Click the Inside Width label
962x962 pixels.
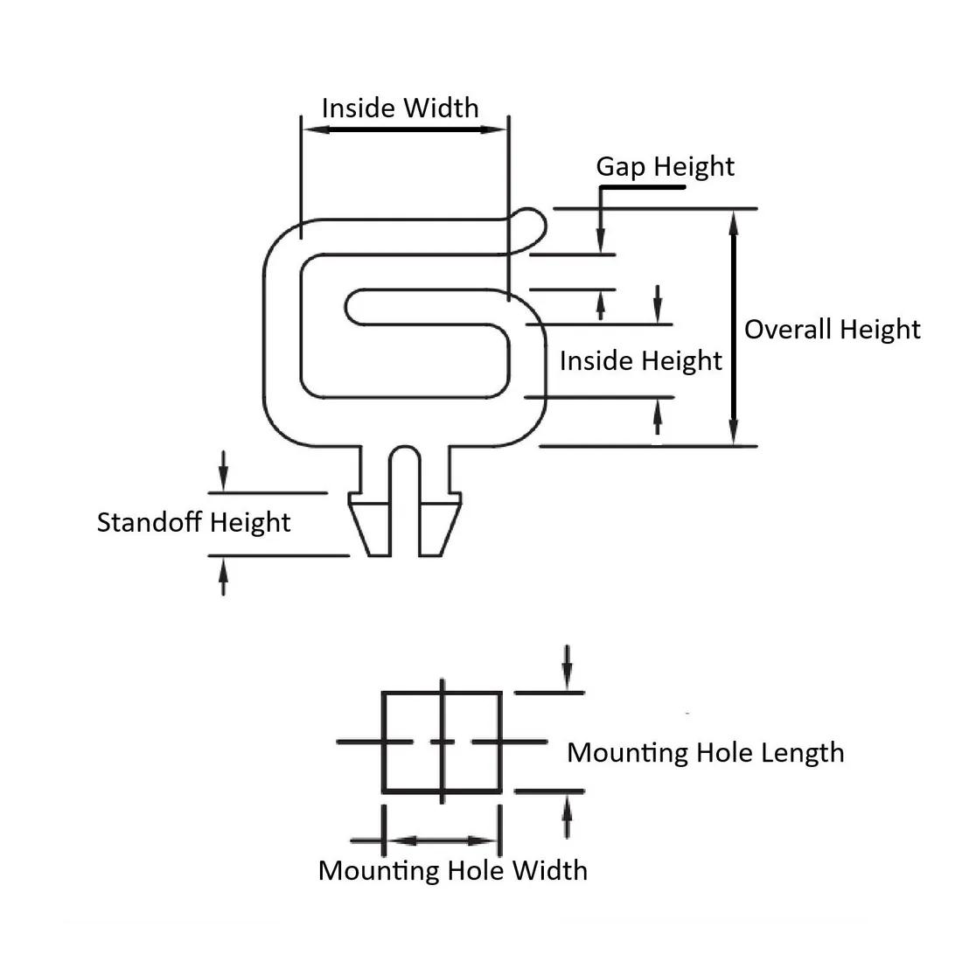(400, 108)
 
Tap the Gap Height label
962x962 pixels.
(665, 166)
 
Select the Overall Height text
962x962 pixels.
(832, 330)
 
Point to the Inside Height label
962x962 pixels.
(640, 361)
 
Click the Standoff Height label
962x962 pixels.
(193, 522)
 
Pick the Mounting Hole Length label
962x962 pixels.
(705, 752)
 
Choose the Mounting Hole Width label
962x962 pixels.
(452, 870)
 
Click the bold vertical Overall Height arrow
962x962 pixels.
(734, 328)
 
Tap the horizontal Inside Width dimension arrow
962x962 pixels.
(404, 129)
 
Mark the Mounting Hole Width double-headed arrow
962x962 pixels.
(442, 840)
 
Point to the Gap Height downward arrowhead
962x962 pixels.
(601, 240)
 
